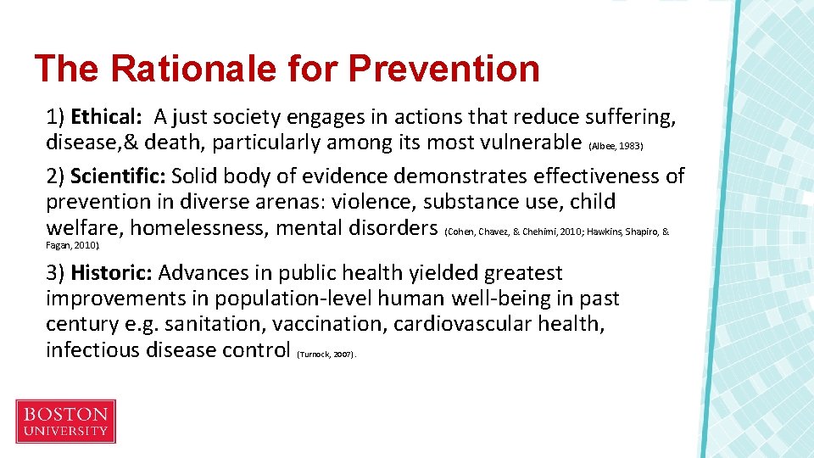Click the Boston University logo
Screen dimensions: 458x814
[x=65, y=422]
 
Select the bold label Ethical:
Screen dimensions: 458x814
[x=104, y=116]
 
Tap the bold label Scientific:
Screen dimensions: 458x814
[x=118, y=176]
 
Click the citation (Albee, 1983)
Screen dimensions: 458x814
[x=616, y=146]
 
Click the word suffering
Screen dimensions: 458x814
[x=623, y=116]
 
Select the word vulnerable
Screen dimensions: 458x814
[x=522, y=142]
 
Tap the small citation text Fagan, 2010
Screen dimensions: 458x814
[x=71, y=245]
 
